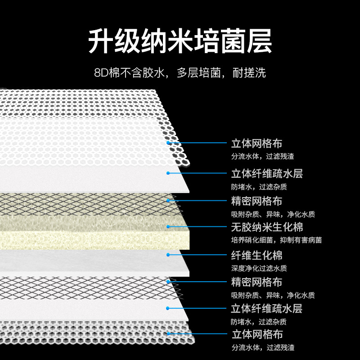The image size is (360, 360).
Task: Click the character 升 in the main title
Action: point(101,41)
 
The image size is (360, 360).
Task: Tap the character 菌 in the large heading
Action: point(233,41)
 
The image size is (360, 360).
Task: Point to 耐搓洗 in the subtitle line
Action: point(249,73)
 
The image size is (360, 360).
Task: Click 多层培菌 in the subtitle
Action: point(199,73)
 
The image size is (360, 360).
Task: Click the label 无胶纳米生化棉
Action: point(267,227)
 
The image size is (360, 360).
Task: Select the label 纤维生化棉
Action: point(256,255)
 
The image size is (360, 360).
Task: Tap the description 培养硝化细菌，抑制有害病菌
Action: point(276,240)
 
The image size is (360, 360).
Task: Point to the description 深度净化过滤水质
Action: point(259,268)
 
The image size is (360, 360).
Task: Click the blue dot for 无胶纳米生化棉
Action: point(168,227)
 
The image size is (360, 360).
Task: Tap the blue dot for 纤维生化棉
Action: point(168,255)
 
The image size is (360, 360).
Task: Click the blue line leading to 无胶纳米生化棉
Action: point(198,227)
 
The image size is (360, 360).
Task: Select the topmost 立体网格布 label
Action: point(256,144)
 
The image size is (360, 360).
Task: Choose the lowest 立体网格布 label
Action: point(257,334)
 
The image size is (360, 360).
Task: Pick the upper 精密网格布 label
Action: point(256,201)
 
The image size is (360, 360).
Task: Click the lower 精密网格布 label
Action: point(256,282)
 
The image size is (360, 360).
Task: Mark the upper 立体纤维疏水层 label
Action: point(267,174)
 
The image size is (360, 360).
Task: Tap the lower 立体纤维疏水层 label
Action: point(266,309)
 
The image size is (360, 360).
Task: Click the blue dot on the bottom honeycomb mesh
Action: point(168,333)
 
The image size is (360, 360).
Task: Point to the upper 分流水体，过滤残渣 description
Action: point(263,157)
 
